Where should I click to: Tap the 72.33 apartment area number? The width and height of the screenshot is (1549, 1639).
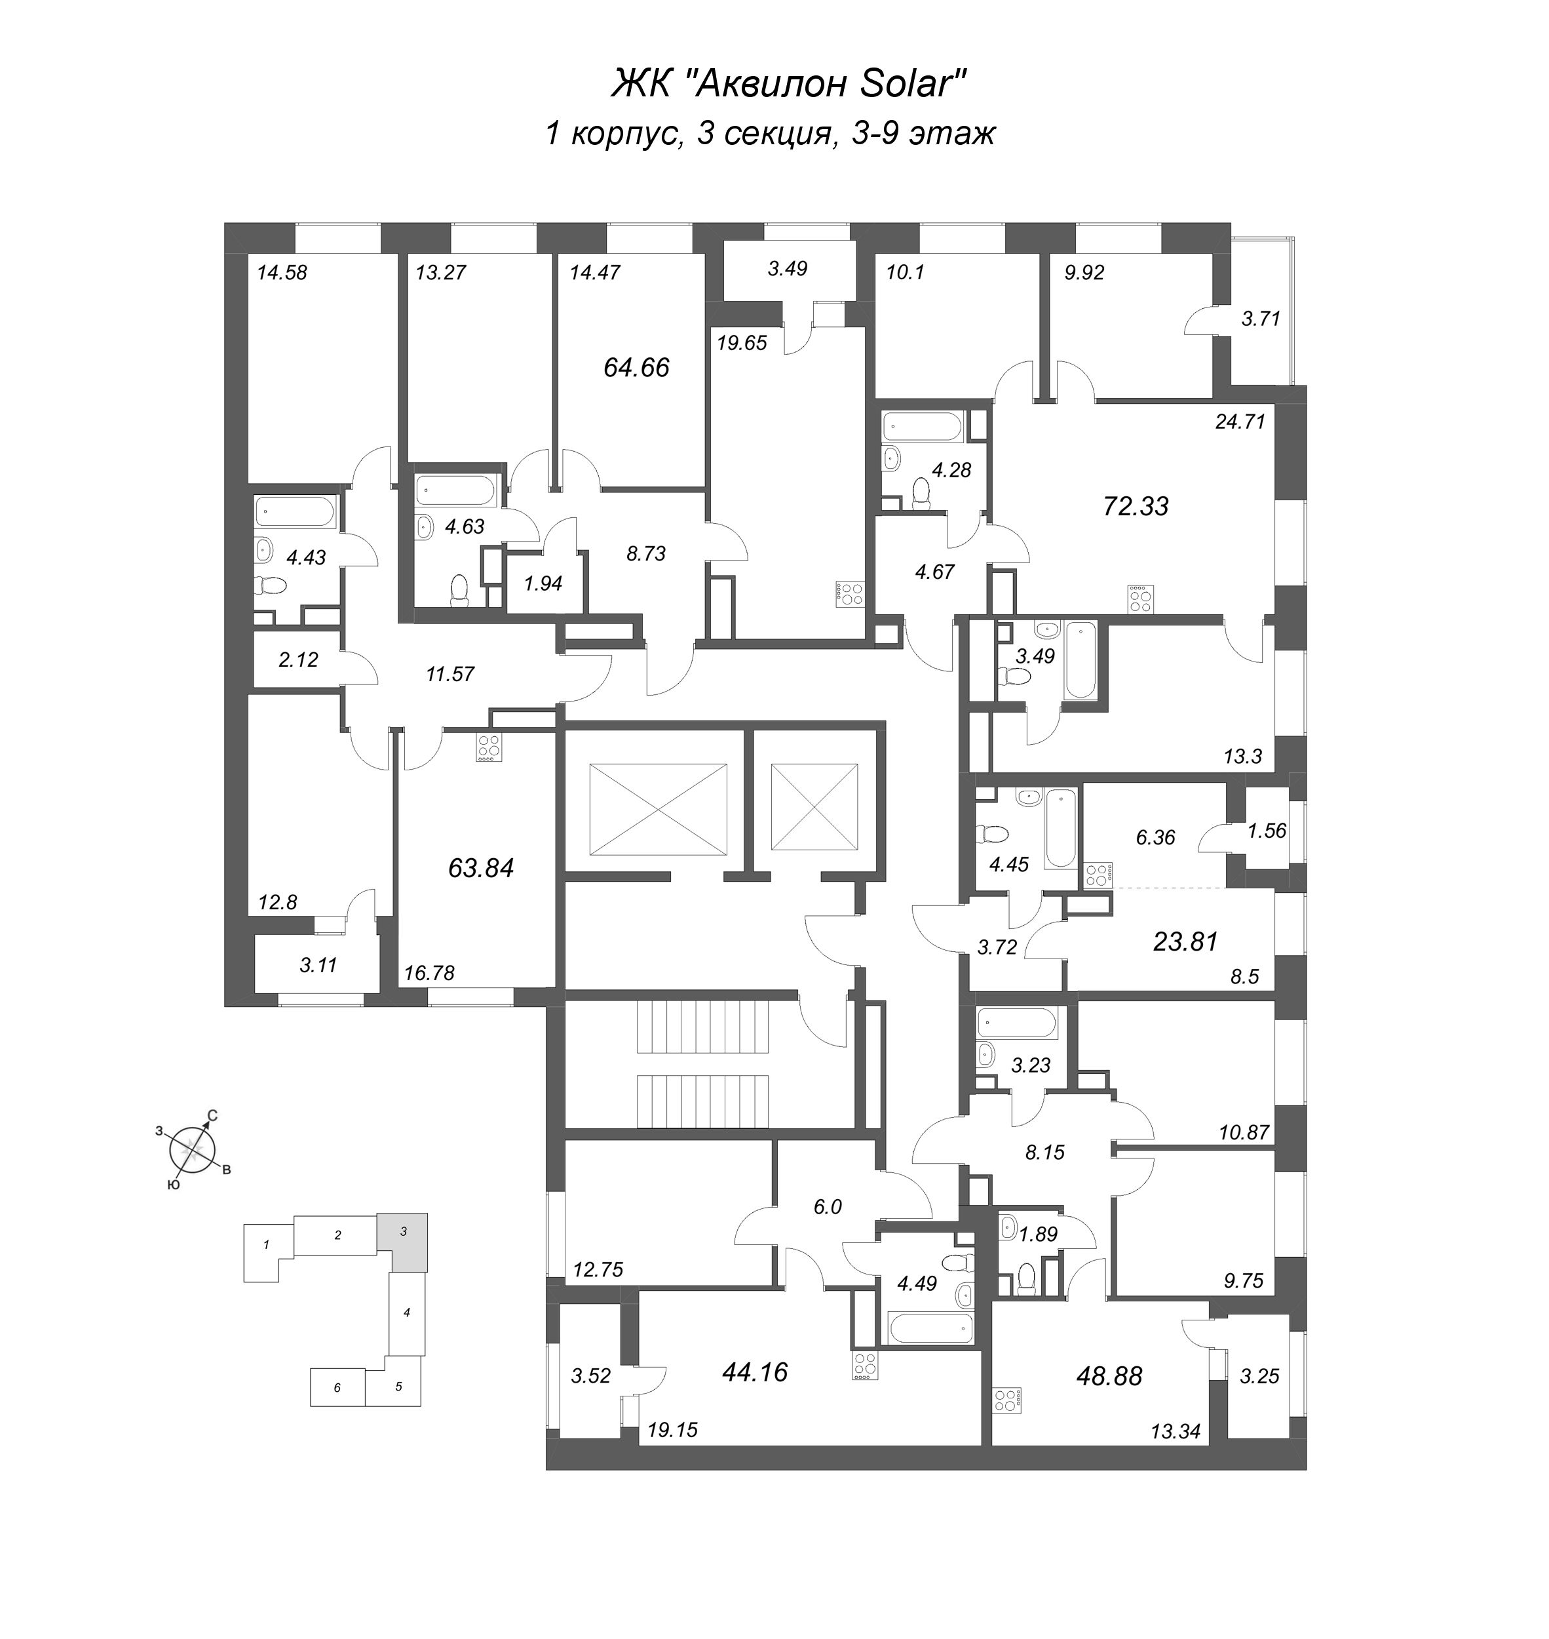pos(1136,505)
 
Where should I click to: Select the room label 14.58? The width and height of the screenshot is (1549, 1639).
pos(282,273)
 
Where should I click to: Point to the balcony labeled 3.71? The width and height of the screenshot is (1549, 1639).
pos(1260,318)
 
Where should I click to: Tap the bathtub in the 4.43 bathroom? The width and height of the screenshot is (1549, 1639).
pos(295,511)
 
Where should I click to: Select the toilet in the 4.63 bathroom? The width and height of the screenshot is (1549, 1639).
pos(459,590)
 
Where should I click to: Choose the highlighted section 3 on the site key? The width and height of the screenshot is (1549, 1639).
pos(404,1241)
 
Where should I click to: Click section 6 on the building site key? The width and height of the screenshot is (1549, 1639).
pos(337,1387)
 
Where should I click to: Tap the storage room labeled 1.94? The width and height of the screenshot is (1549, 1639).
pos(543,583)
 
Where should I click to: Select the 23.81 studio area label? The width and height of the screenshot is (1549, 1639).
pos(1185,941)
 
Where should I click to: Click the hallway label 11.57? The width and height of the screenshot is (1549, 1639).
pos(450,674)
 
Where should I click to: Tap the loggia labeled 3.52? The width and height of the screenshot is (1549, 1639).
pos(590,1375)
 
